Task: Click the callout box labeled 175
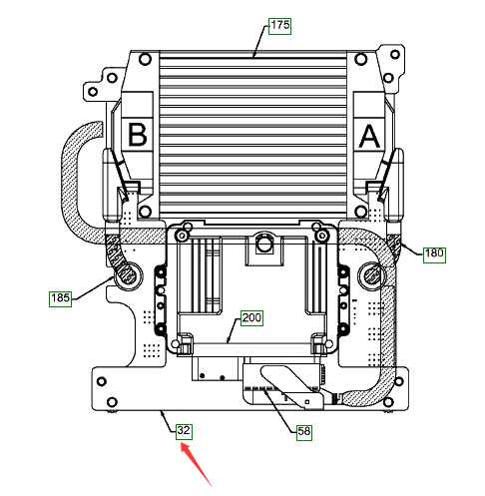click(279, 26)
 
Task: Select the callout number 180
click(434, 254)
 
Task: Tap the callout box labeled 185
click(60, 298)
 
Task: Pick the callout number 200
click(251, 318)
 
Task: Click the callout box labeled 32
click(184, 431)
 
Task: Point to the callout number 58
click(304, 432)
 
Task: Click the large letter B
click(138, 135)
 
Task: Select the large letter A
click(369, 136)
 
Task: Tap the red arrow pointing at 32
click(197, 465)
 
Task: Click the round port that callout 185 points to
click(128, 275)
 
